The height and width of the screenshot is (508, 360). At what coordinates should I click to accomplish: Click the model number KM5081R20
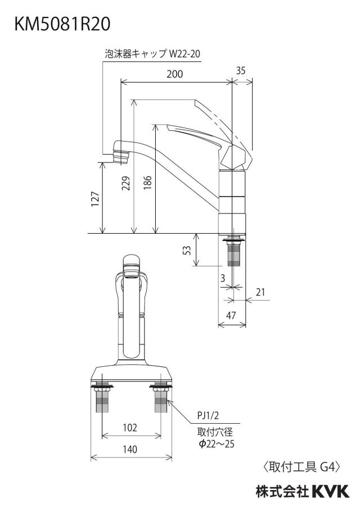click(62, 24)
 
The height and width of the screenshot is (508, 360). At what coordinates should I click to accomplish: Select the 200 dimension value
click(175, 74)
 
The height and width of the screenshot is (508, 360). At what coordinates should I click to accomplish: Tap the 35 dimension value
click(241, 71)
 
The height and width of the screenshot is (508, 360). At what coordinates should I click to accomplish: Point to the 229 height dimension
click(126, 183)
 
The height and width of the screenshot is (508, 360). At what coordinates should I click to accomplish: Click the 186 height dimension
click(147, 183)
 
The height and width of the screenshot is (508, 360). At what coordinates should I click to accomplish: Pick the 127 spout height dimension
click(94, 199)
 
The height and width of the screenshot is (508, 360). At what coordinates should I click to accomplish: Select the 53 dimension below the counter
click(187, 250)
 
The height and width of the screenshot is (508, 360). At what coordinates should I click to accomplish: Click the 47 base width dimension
click(231, 315)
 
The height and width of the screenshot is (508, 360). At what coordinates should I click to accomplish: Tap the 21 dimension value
click(260, 292)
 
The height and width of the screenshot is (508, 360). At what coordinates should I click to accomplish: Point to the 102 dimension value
click(130, 428)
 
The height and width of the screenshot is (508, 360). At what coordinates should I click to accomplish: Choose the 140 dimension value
click(130, 450)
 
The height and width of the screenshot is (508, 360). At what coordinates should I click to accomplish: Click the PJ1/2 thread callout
click(208, 415)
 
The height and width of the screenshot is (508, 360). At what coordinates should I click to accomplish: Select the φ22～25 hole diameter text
click(217, 443)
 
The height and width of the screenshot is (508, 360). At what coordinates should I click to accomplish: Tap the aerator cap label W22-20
click(152, 53)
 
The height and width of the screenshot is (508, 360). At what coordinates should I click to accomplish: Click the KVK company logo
click(331, 491)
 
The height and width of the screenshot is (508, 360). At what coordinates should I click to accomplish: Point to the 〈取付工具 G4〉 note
click(301, 467)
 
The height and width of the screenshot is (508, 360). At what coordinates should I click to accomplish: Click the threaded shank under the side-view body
click(232, 252)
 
